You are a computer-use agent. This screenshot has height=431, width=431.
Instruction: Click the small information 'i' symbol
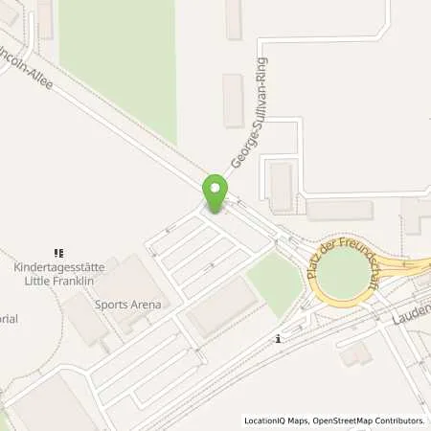click(277, 338)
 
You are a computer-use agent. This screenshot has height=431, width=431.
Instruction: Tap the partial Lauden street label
click(413, 312)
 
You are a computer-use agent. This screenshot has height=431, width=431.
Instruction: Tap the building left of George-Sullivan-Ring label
click(233, 100)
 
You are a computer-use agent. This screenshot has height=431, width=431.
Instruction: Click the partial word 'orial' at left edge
click(8, 321)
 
